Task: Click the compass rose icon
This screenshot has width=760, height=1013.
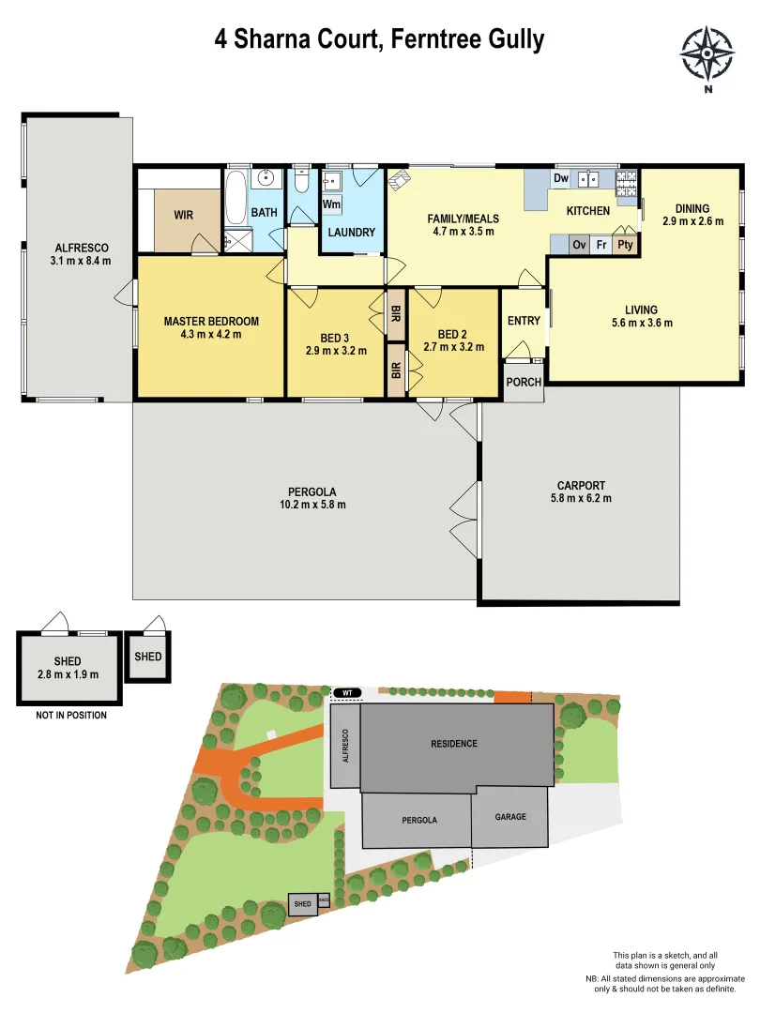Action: (x=707, y=53)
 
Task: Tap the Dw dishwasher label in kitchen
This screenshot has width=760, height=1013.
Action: (x=561, y=178)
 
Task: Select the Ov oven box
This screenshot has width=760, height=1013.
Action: (x=579, y=245)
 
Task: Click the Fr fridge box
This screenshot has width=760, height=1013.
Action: (x=600, y=245)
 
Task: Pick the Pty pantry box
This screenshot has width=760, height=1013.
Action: (x=625, y=245)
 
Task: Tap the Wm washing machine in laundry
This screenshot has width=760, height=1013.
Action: (x=331, y=204)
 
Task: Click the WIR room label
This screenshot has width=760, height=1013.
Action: (x=184, y=215)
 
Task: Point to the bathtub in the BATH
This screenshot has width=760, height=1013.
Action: (x=236, y=199)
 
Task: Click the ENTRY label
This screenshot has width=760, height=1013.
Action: (x=524, y=321)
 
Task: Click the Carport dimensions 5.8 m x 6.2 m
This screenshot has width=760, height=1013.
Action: (x=581, y=499)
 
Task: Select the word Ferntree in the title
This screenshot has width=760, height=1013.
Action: (x=426, y=39)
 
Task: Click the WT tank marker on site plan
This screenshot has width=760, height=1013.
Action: (x=346, y=693)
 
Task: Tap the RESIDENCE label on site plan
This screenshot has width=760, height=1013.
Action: (x=454, y=744)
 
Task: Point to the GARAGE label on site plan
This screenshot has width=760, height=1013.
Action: (x=510, y=817)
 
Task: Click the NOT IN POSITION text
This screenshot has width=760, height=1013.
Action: (x=71, y=716)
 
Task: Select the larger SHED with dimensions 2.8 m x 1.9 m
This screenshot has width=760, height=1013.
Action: (x=68, y=667)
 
